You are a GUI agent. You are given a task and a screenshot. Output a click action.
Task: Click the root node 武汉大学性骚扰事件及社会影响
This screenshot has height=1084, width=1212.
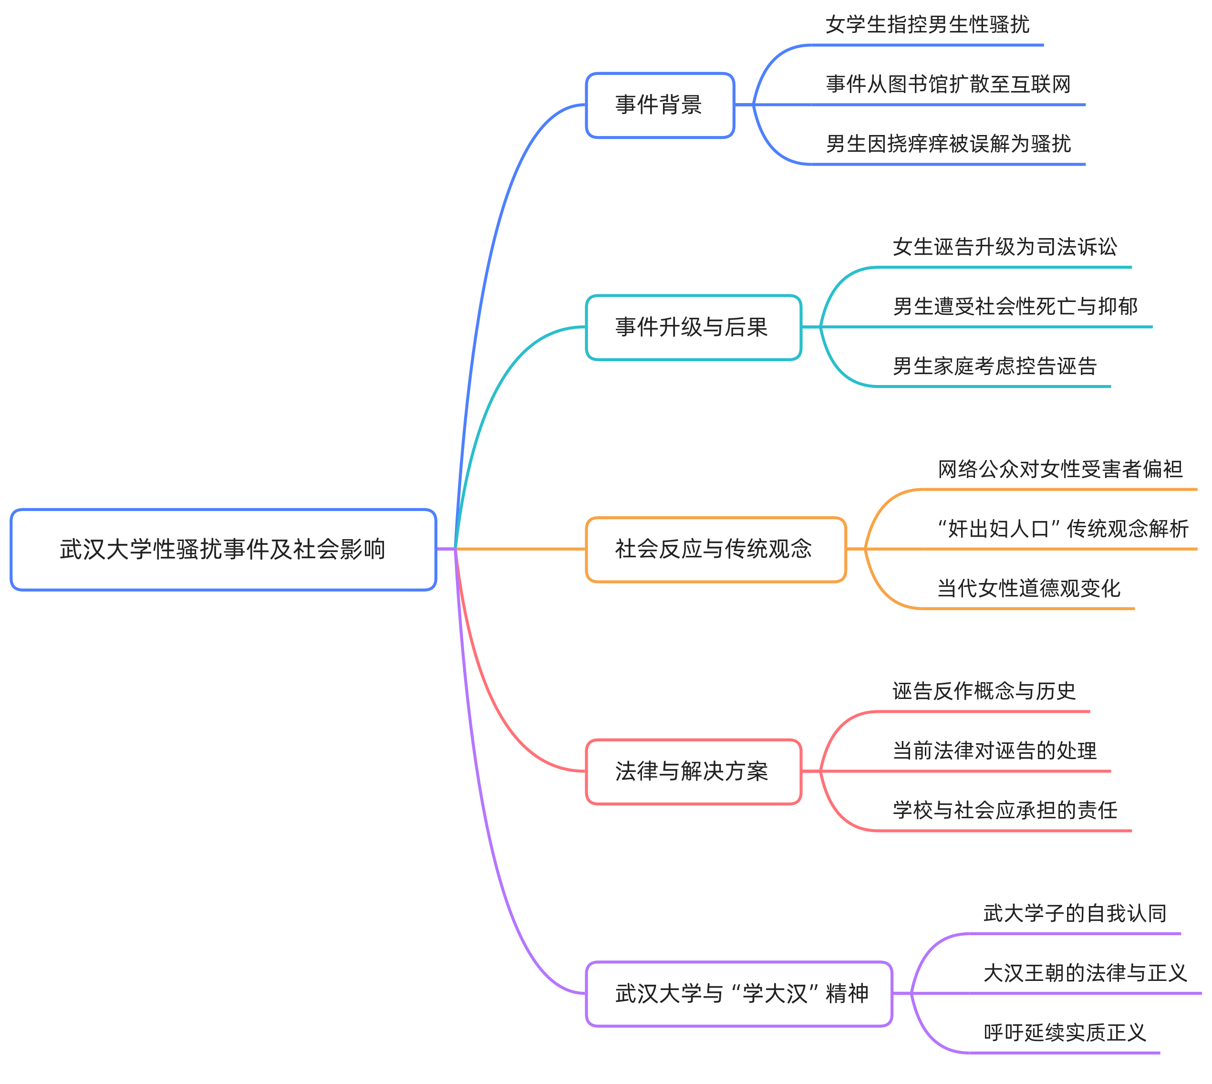click(223, 549)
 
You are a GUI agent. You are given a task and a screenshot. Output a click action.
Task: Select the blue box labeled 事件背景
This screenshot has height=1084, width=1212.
click(660, 105)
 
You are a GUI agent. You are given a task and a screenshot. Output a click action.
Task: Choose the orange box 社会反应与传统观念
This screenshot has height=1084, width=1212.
click(715, 549)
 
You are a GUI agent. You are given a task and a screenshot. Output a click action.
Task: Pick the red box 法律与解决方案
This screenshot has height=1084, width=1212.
click(693, 771)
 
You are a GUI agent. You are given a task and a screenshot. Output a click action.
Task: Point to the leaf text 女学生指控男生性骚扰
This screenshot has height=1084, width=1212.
click(927, 25)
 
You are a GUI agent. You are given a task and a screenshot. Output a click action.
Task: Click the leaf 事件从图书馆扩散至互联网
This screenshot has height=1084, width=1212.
click(948, 84)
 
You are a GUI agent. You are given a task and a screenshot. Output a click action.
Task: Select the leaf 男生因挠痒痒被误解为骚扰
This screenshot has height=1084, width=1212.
click(948, 144)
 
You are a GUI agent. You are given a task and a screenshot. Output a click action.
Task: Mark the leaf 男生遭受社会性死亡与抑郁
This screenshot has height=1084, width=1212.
click(1015, 307)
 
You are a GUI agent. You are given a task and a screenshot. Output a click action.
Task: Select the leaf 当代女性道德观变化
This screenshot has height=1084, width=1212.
click(1028, 588)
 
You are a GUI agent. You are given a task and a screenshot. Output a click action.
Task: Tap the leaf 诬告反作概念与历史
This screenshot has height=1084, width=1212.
click(984, 691)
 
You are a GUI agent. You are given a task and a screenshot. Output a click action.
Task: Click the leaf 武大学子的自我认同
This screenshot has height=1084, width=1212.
click(1075, 914)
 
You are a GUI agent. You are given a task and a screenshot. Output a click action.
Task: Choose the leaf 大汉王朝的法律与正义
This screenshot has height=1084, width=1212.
click(1085, 973)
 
